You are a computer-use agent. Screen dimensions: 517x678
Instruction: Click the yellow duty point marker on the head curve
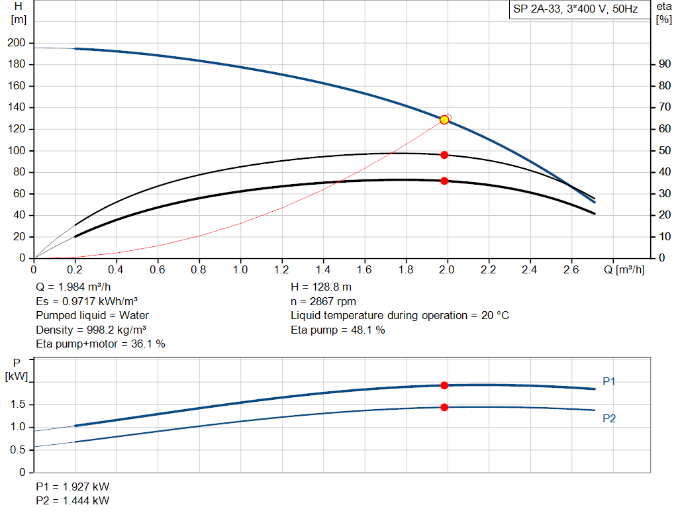[x=444, y=120]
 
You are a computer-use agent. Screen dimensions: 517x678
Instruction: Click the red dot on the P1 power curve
[x=444, y=385]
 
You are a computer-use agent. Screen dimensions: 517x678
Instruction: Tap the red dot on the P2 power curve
[x=444, y=407]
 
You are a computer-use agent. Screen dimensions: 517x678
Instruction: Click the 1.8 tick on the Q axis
[x=405, y=270]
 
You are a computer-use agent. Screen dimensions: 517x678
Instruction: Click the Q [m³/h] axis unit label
[x=628, y=270]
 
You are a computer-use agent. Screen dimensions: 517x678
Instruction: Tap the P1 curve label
[x=609, y=381]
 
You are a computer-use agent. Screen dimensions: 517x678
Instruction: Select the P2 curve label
[x=609, y=418]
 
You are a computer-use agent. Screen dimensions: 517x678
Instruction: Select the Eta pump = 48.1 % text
[x=338, y=330]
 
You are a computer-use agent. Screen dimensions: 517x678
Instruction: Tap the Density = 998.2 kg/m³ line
[x=91, y=330]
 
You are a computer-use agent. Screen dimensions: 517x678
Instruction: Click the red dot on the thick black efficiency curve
[x=444, y=181]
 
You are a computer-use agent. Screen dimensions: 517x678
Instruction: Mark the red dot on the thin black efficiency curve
[x=444, y=155]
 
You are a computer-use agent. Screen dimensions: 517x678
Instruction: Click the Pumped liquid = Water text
[x=93, y=316]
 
